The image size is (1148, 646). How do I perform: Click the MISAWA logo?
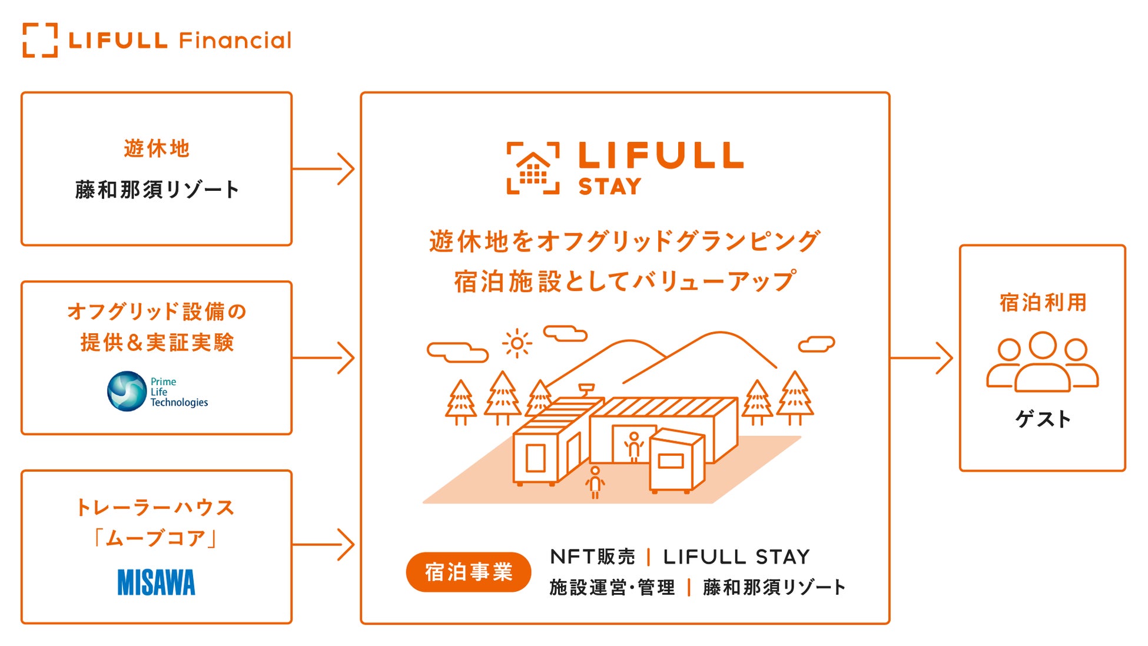click(x=156, y=582)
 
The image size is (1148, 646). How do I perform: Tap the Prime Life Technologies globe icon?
click(x=127, y=391)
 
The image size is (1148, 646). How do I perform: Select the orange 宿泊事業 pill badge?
click(x=469, y=572)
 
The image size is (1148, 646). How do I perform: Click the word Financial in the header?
click(x=235, y=41)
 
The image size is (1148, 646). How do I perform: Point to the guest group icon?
click(x=1042, y=362)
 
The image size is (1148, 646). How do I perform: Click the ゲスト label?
click(x=1043, y=419)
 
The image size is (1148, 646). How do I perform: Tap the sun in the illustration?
click(x=517, y=343)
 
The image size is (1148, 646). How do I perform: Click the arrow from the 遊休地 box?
click(x=323, y=169)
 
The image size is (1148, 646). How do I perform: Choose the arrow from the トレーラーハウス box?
click(x=323, y=544)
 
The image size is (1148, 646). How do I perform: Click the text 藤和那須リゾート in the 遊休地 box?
click(x=157, y=190)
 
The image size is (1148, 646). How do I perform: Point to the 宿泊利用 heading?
click(x=1043, y=303)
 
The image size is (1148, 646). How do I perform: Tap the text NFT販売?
click(x=592, y=556)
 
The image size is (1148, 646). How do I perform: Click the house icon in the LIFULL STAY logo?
click(x=533, y=168)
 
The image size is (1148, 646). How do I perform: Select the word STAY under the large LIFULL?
click(x=610, y=187)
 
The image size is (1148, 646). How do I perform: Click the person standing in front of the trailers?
click(x=595, y=482)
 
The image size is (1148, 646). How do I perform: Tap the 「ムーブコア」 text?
click(x=156, y=538)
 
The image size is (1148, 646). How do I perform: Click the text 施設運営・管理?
click(x=612, y=587)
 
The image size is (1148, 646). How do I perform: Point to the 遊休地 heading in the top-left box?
click(x=157, y=148)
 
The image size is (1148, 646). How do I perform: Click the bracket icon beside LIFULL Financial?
click(x=40, y=40)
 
